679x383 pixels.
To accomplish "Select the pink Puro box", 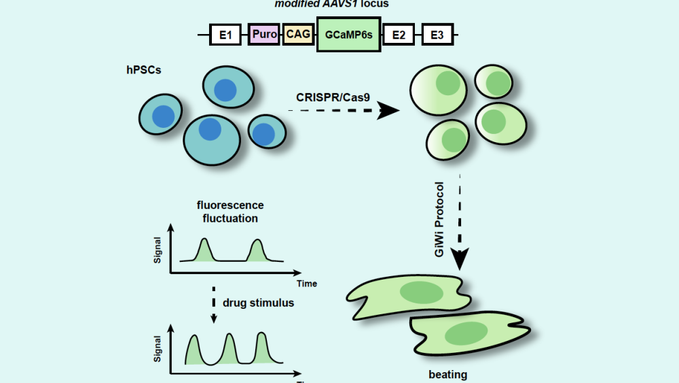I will click(265, 34).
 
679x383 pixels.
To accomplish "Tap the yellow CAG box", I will click(298, 34).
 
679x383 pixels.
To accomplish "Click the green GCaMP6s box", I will click(349, 34).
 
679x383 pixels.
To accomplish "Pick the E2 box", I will click(399, 34).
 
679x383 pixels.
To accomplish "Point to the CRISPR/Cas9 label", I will click(329, 97).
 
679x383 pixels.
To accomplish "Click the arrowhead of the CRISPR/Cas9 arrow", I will click(388, 111).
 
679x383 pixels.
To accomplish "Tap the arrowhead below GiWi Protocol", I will click(460, 259).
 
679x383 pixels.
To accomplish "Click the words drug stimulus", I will click(259, 303).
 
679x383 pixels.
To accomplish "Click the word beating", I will click(448, 375).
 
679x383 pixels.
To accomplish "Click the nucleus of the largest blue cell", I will click(210, 129).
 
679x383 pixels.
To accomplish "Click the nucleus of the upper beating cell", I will click(420, 293).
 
